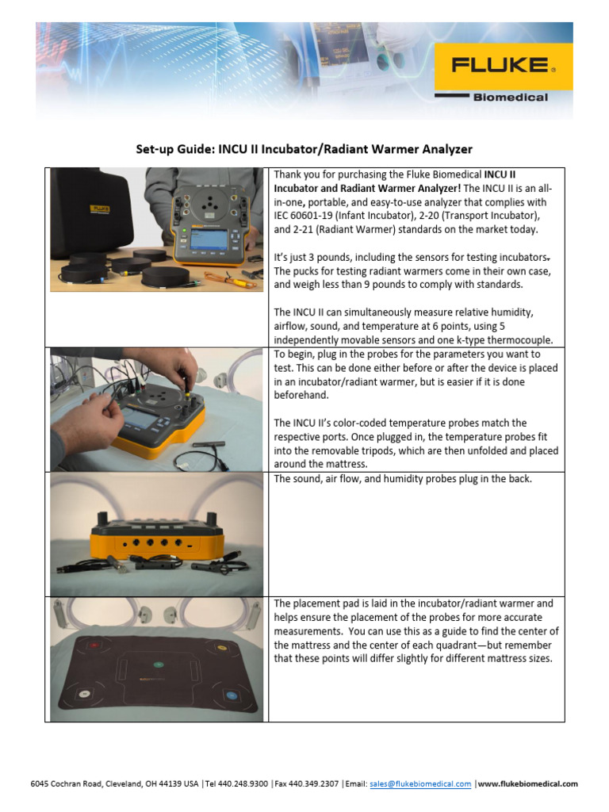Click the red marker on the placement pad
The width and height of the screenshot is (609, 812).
coord(94,645)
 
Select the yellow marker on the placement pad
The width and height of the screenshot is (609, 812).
coord(221,645)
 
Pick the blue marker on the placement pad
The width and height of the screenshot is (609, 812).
coord(232,695)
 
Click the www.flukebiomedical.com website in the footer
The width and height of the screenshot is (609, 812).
coord(528,783)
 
